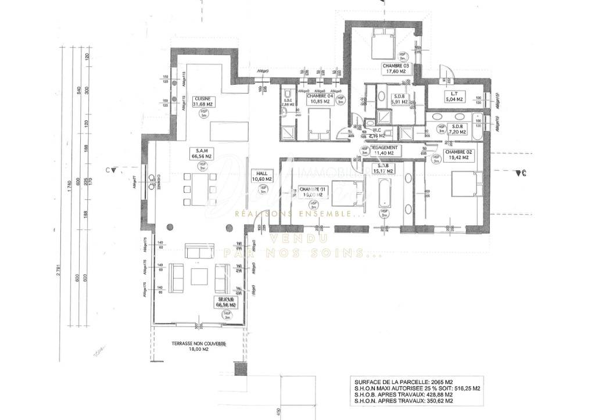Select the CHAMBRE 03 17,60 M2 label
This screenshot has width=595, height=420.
pos(396,69)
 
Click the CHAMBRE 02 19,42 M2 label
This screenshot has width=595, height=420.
pos(457,155)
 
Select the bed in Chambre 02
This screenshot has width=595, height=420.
pos(467,185)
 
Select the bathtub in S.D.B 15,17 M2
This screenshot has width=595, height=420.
pos(383,197)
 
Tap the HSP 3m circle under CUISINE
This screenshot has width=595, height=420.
pos(203,113)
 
